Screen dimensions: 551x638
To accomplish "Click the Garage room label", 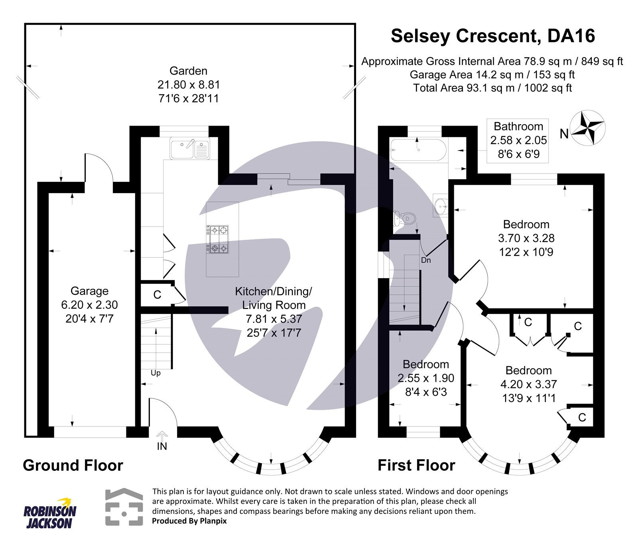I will (x=89, y=291).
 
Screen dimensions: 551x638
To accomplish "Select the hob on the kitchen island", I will (x=218, y=240).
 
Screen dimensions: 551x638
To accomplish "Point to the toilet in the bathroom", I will (x=405, y=219).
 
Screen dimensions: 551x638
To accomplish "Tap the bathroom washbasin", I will (x=441, y=205).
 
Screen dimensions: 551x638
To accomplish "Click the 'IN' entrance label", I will (x=162, y=446).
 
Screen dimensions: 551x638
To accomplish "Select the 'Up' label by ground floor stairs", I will (x=156, y=373).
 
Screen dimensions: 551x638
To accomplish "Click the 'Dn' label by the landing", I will (x=426, y=260).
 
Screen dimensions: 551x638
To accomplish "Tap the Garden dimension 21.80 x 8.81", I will (x=189, y=85).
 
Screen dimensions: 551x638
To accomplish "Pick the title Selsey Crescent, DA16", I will (x=492, y=36).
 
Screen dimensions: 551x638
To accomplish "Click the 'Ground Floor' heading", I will (x=73, y=465).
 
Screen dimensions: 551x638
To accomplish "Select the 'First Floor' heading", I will (x=416, y=465).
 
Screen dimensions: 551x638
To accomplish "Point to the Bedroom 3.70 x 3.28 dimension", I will (x=526, y=238).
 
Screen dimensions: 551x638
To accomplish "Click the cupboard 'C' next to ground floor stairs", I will (x=157, y=295).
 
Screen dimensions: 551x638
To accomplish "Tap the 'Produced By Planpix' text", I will (x=189, y=521).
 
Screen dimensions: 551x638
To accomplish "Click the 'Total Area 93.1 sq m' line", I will (x=492, y=88).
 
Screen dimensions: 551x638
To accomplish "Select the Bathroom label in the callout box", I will (x=518, y=126).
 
